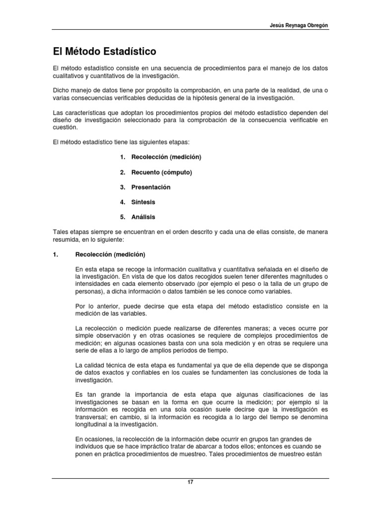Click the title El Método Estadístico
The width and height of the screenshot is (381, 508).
pyautogui.click(x=104, y=51)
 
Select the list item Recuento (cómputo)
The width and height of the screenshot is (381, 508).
pyautogui.click(x=161, y=172)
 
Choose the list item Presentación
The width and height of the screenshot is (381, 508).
pyautogui.click(x=151, y=187)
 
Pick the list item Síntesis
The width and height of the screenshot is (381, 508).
pyautogui.click(x=143, y=202)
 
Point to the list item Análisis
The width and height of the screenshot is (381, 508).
pyautogui.click(x=143, y=217)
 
